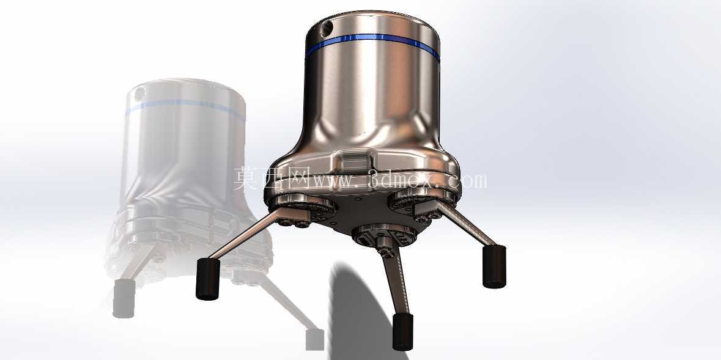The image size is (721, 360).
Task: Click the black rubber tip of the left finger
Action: point(208,279)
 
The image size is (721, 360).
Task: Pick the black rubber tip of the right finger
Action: point(494,266)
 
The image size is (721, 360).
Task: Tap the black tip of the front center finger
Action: point(402,332)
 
